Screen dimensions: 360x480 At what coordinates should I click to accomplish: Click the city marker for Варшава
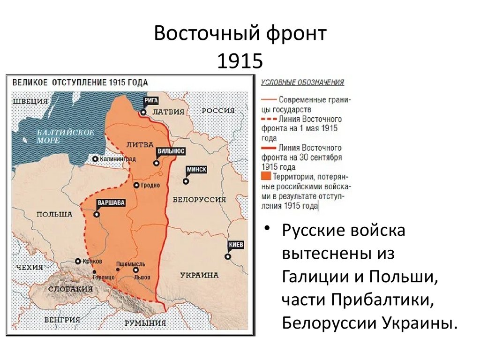[x=97, y=214]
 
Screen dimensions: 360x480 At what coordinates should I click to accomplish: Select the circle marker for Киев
[x=227, y=256]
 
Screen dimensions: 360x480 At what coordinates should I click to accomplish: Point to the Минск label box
[x=196, y=170]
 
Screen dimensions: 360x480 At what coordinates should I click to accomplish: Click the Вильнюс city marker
[x=156, y=163]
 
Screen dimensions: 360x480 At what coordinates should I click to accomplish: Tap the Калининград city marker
[x=96, y=159]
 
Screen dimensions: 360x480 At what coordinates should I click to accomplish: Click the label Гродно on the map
[x=150, y=185]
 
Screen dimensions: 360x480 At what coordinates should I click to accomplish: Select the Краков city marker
[x=78, y=262]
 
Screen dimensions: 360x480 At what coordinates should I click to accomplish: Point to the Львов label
[x=142, y=277]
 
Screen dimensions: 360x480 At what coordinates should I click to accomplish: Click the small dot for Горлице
[x=95, y=271]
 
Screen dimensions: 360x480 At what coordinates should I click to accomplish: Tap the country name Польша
[x=55, y=214]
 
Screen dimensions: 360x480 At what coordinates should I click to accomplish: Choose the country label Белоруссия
[x=199, y=199]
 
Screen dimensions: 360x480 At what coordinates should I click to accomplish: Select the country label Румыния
[x=145, y=323]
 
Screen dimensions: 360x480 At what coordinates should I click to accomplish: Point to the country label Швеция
[x=31, y=101]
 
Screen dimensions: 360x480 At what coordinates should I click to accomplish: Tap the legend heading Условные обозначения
[x=302, y=82]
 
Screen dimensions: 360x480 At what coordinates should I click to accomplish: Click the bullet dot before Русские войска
[x=267, y=228]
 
